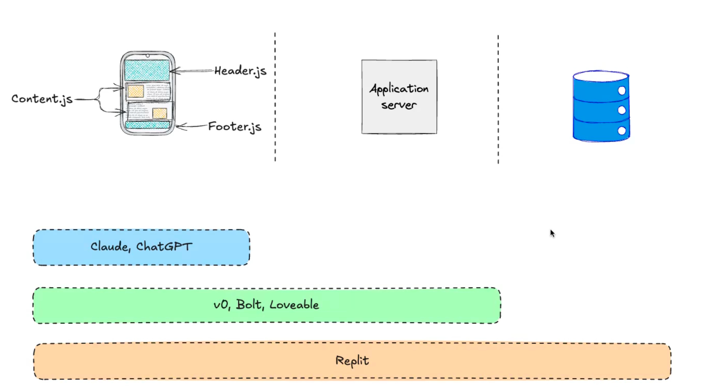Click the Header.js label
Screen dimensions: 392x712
coord(240,71)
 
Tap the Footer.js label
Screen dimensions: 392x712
coord(234,127)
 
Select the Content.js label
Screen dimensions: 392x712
coord(42,99)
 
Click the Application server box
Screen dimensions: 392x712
coord(399,97)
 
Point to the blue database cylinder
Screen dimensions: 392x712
coord(601,106)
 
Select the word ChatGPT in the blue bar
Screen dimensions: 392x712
coord(164,246)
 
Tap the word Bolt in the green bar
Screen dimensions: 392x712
coord(249,305)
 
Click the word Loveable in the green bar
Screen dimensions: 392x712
coord(294,305)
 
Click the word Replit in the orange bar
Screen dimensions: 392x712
coord(352,361)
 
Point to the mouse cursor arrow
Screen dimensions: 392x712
coord(552,233)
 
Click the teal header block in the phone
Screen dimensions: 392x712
coord(147,70)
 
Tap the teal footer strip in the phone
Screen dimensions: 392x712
coord(147,125)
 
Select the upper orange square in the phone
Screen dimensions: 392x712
coord(136,91)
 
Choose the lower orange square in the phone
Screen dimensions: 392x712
coord(160,113)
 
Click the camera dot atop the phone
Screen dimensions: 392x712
coord(148,56)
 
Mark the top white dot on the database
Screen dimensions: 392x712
coord(621,91)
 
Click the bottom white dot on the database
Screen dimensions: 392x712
coord(621,131)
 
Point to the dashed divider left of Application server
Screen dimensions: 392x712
coord(275,97)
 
